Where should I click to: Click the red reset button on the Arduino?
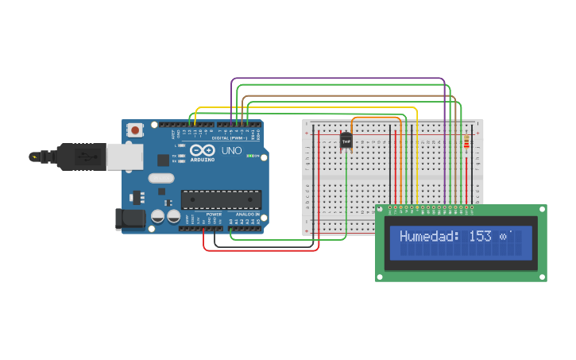point(136,130)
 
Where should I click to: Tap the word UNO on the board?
point(231,150)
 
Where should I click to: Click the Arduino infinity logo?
point(202,150)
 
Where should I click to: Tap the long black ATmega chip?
point(221,199)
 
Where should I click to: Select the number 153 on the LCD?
point(480,237)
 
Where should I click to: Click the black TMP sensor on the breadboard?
point(346,141)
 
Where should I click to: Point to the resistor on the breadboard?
point(466,145)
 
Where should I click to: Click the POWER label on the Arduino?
point(214,215)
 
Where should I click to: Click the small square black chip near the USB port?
point(163,160)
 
